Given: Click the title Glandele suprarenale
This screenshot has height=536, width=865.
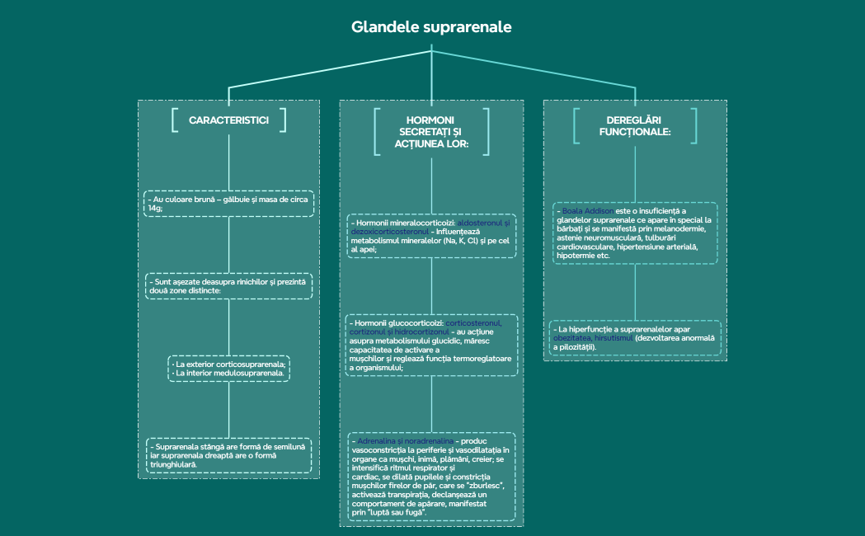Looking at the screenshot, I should tap(431, 26).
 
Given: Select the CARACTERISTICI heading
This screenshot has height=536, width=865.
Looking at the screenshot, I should tap(228, 120).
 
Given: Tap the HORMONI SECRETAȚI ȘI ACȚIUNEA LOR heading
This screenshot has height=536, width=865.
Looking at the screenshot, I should tap(431, 132).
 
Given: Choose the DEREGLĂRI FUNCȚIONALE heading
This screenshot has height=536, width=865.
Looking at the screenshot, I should tap(632, 125).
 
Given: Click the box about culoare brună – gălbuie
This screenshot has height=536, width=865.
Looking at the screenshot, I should tap(228, 204).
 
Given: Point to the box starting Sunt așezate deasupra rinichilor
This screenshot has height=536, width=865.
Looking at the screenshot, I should tap(228, 286).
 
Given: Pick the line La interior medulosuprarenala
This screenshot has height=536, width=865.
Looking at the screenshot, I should tap(230, 373).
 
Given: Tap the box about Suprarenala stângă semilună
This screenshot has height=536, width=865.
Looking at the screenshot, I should tap(228, 455).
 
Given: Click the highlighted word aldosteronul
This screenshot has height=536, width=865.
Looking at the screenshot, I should tap(485, 223).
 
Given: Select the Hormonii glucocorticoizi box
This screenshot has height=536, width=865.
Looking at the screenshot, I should tap(431, 345).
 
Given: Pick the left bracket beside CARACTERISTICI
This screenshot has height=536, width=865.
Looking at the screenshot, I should tap(175, 120).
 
